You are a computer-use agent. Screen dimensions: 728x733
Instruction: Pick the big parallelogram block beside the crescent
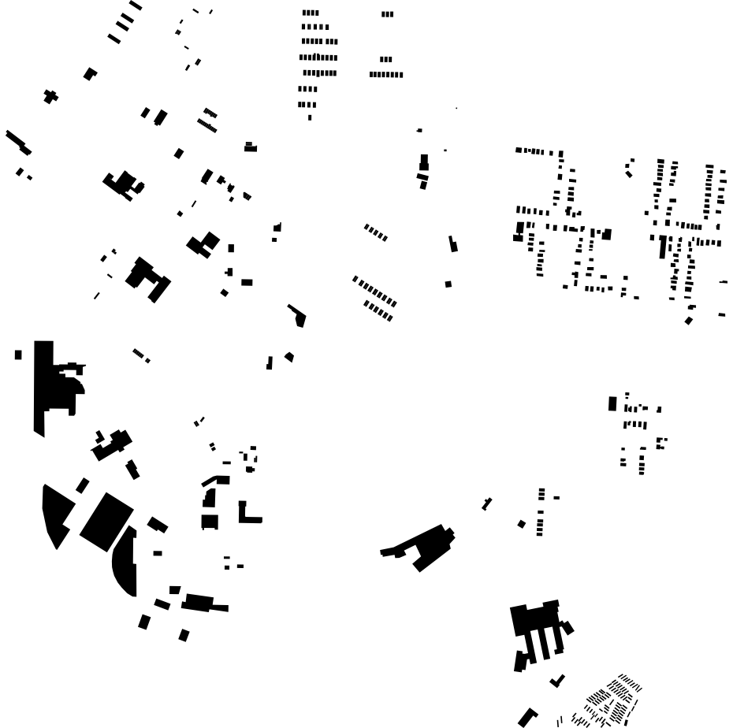[x=106, y=521]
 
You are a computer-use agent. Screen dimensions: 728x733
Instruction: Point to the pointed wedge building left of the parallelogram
[x=55, y=513]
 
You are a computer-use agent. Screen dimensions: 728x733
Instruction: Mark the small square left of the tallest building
[x=18, y=355]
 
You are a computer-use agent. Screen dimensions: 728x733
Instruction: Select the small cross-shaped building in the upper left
[x=50, y=96]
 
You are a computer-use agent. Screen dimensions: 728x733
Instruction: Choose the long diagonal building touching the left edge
[x=17, y=142]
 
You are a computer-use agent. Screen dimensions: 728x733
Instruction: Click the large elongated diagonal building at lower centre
[x=426, y=546]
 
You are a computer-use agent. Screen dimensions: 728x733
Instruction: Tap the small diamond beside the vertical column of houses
[x=521, y=524]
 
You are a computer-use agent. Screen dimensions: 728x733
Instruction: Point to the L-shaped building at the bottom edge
[x=526, y=718]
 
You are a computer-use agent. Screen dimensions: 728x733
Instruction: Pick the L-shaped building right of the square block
[x=246, y=514]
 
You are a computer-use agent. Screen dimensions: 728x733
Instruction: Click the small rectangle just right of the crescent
[x=158, y=553]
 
